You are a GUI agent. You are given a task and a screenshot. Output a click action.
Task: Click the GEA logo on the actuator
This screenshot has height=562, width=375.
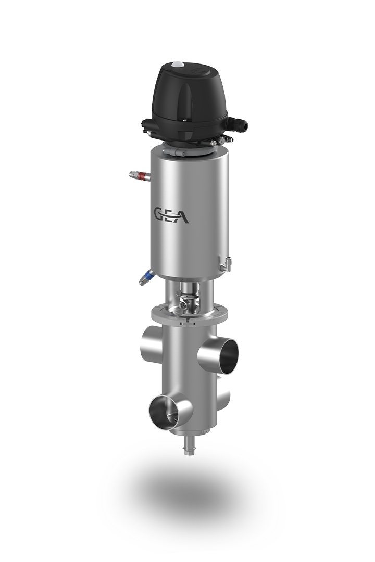coord(171,215)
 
